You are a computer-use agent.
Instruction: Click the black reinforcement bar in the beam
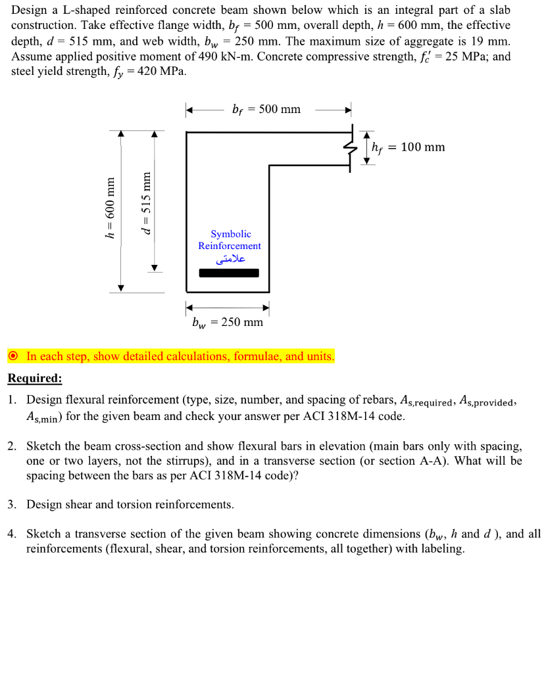228,273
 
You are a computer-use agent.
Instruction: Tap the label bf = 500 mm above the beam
266,109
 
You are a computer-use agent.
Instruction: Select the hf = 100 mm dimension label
408,147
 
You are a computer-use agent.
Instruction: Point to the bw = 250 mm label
227,322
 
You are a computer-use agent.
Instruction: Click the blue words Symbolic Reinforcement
230,240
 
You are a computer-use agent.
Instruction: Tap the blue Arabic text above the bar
230,259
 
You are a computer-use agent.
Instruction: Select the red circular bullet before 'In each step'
14,357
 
